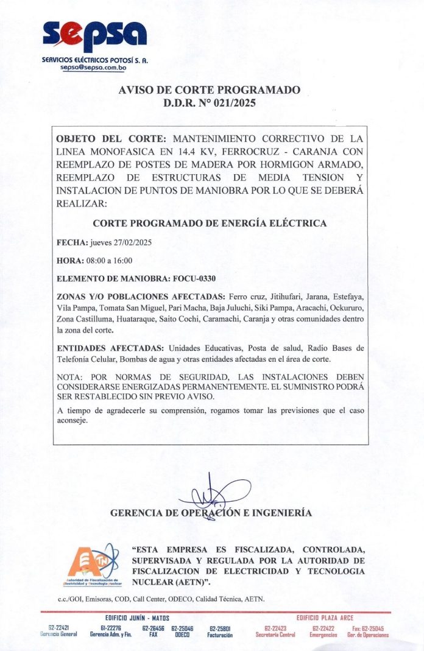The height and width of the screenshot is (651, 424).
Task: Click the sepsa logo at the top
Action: click(94, 35)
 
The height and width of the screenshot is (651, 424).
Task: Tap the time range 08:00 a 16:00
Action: click(111, 261)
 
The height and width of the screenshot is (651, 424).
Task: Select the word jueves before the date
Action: click(101, 242)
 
